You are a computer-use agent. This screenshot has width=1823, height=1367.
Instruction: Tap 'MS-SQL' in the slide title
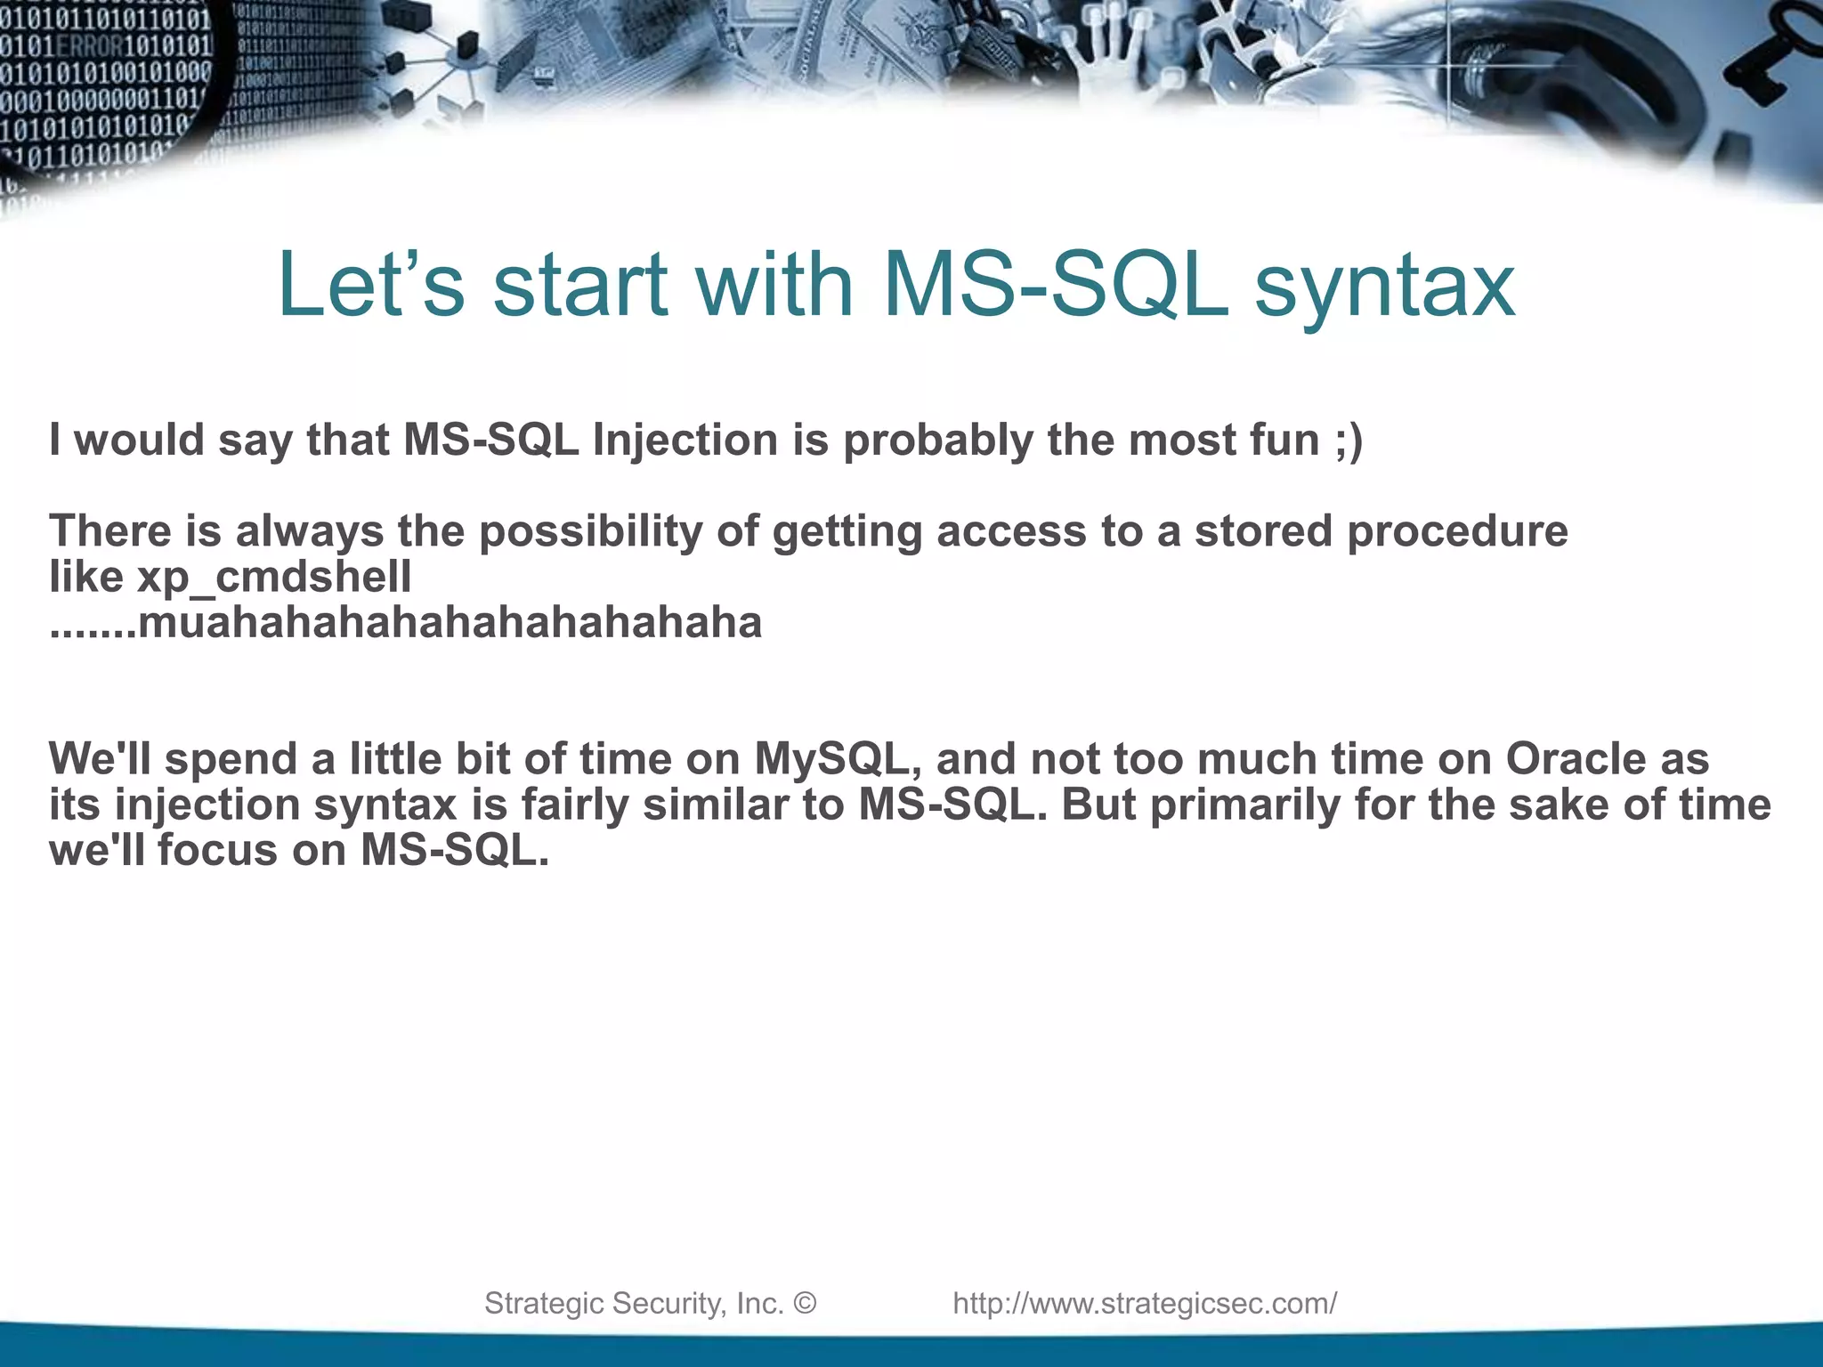coord(1056,285)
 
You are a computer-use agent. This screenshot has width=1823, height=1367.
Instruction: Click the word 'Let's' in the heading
coord(370,285)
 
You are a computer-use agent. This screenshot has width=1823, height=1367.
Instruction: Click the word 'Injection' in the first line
coord(685,440)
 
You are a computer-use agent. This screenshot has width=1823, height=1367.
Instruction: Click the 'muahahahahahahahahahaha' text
coord(450,623)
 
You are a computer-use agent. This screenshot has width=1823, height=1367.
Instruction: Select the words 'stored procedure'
coord(1380,532)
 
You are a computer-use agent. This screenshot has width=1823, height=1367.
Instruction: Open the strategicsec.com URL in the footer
coord(1145,1304)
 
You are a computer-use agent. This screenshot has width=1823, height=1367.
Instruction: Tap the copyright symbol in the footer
coord(804,1304)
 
